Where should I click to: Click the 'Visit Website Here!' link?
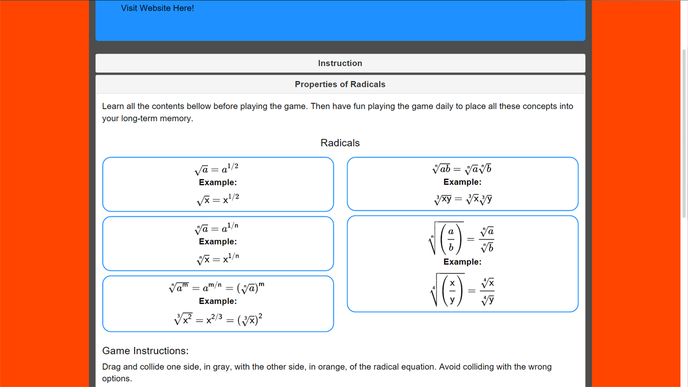pos(157,8)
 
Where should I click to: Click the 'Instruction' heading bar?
pos(340,63)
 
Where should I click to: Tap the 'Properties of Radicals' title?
pos(340,84)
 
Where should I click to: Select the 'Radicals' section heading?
pos(340,143)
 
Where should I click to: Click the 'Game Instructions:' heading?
pos(145,351)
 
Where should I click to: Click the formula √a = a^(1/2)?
pos(217,169)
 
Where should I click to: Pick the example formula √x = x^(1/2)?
pos(218,199)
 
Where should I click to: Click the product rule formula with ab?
pos(462,169)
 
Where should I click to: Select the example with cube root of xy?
pos(463,199)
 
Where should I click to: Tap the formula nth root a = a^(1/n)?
pos(217,228)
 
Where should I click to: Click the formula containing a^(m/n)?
pos(217,287)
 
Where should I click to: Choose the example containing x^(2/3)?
pos(218,319)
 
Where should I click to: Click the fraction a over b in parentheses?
pos(450,239)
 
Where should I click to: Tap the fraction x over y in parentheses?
pos(452,290)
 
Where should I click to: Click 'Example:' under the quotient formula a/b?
pos(462,262)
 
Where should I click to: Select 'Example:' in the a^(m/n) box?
pos(218,301)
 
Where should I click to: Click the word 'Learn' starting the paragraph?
pos(113,107)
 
